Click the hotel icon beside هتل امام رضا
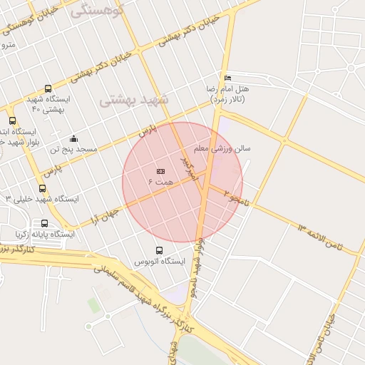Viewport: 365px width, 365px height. (227, 78)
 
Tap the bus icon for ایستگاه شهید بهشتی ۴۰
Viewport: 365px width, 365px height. (48, 89)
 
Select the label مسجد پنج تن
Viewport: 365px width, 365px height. (69, 150)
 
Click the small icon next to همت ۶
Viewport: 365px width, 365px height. (160, 171)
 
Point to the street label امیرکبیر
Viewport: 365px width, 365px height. (187, 164)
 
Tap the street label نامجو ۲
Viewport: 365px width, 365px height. (237, 195)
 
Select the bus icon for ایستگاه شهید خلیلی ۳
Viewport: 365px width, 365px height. (42, 189)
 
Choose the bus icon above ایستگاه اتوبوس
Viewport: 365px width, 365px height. (159, 251)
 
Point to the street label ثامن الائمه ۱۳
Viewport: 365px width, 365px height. (320, 237)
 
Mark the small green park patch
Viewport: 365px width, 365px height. (94, 305)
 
